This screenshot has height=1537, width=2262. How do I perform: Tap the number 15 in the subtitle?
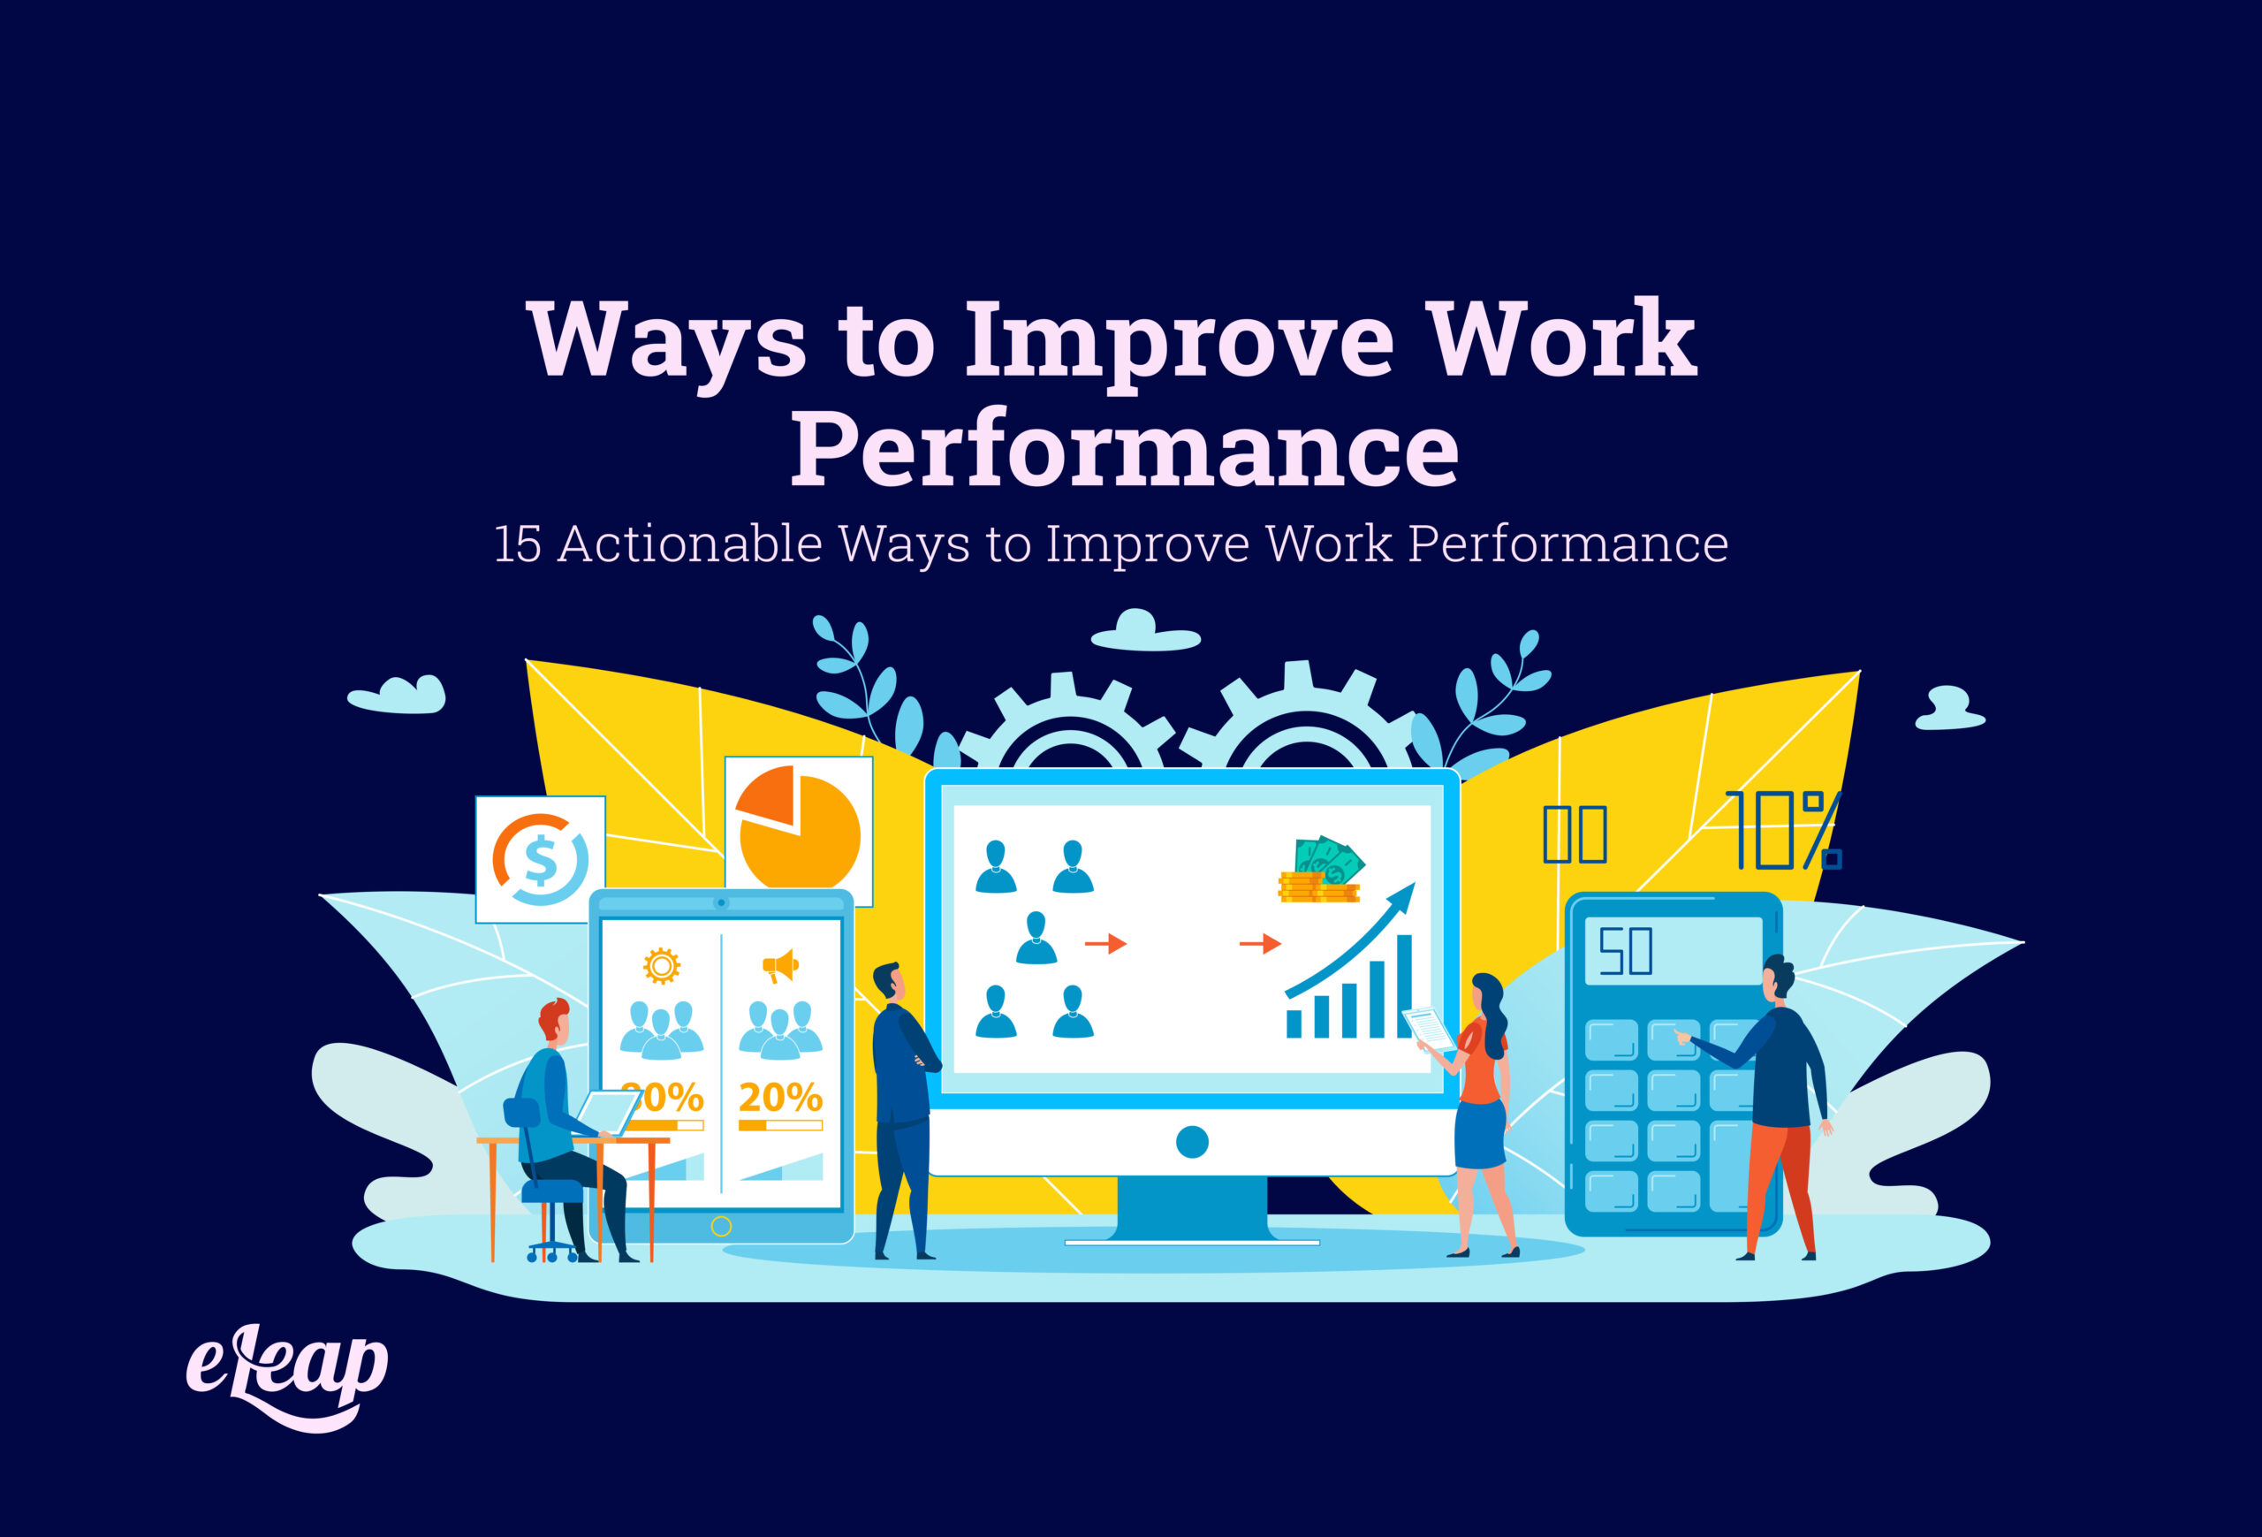(517, 544)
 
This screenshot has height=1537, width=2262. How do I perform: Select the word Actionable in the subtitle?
(690, 544)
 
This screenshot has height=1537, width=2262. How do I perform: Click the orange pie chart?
(798, 827)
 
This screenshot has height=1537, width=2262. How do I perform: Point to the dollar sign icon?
(540, 859)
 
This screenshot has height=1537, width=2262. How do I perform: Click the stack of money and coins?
(1321, 871)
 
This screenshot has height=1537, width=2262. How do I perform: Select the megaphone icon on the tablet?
(779, 967)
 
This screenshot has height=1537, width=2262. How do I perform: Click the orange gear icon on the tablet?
(662, 966)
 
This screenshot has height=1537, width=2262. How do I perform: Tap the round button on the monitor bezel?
(1191, 1142)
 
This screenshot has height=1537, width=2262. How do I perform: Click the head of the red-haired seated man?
(555, 1020)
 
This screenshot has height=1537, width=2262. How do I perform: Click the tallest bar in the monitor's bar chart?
(1403, 985)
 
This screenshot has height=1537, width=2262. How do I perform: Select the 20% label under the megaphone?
(779, 1098)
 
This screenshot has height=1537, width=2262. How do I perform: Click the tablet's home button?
(721, 1227)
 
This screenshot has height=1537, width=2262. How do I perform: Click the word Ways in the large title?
(667, 340)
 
